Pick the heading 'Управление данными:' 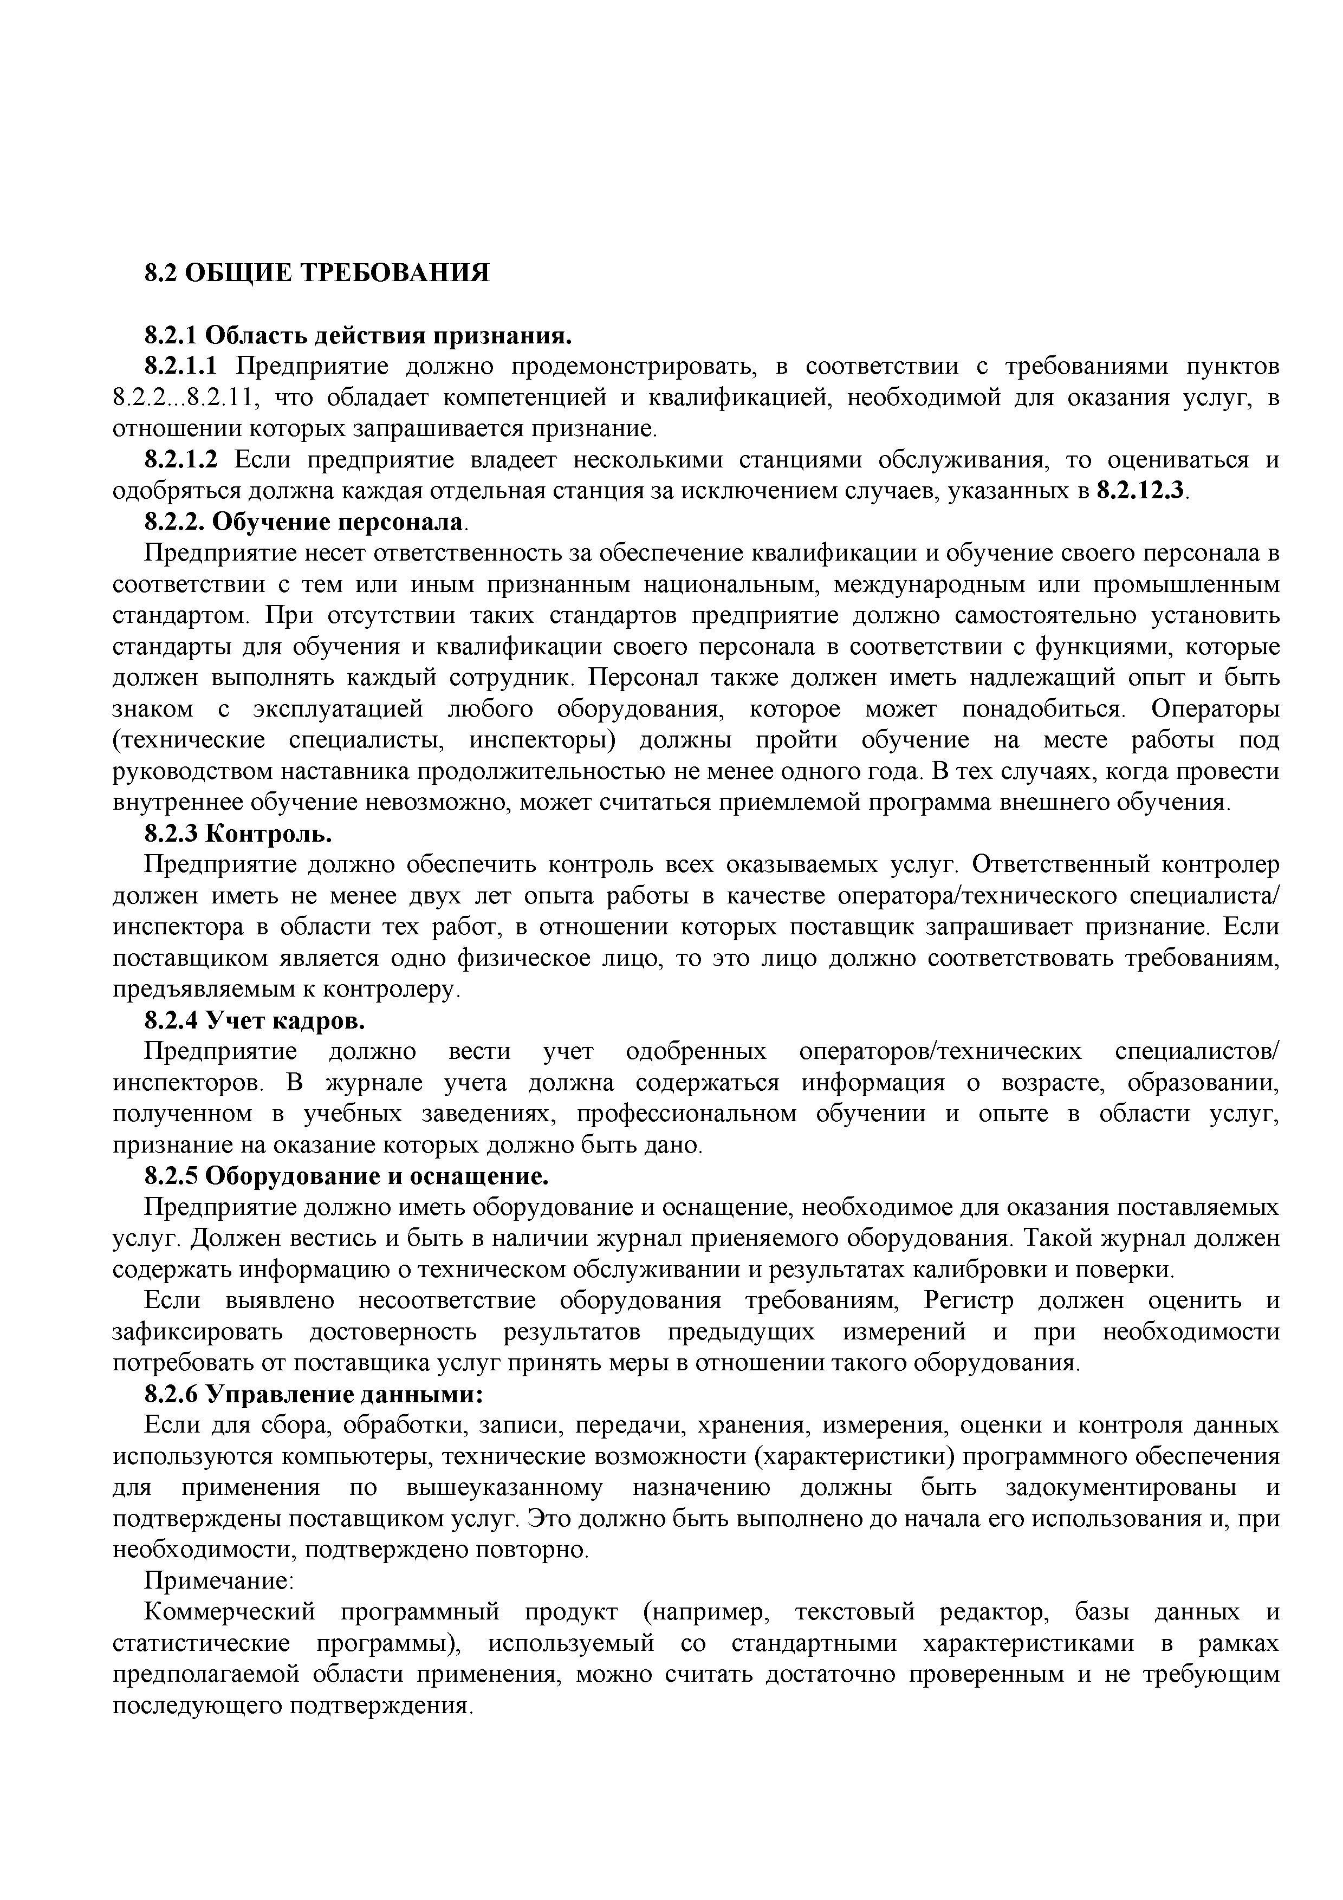pyautogui.click(x=343, y=1394)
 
